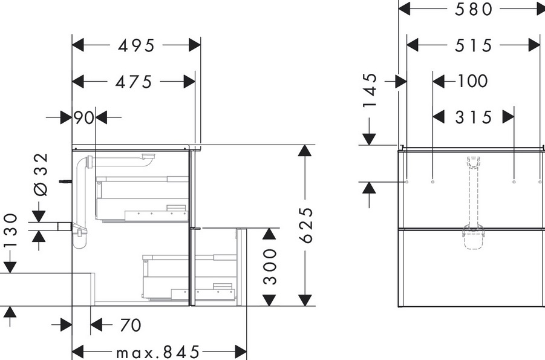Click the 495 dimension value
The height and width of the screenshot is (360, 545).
click(136, 45)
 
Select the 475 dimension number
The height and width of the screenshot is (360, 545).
click(134, 82)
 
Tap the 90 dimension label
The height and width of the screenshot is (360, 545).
click(83, 118)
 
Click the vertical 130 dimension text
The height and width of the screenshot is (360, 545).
click(10, 231)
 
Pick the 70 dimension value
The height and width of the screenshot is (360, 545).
click(131, 326)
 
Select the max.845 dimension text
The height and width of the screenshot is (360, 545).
click(158, 352)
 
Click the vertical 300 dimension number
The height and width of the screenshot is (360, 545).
click(270, 266)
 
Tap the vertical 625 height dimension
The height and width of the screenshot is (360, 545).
click(306, 225)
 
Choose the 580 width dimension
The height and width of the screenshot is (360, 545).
click(474, 9)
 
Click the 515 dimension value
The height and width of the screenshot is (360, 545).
click(474, 45)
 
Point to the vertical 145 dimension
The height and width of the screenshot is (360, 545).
click(370, 90)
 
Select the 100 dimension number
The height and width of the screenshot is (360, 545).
click(472, 81)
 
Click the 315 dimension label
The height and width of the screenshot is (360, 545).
click(474, 117)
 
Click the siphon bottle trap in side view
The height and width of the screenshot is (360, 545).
click(80, 236)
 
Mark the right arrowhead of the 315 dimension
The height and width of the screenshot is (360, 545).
click(508, 117)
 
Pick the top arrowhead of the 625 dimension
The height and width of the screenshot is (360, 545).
click(305, 150)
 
